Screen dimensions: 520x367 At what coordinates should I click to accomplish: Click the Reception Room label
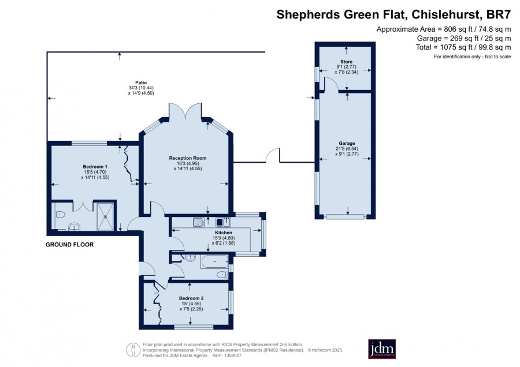188,158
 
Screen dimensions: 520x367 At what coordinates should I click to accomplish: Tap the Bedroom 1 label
95,167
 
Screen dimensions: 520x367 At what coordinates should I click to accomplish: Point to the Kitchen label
224,233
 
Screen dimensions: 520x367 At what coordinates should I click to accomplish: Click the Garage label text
347,144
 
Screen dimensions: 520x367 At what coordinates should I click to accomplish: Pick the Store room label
346,62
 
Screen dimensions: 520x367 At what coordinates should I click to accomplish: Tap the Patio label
141,83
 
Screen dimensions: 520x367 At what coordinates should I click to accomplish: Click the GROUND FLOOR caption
70,245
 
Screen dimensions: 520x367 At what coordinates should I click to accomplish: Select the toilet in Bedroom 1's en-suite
60,215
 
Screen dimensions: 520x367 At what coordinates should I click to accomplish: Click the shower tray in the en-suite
106,216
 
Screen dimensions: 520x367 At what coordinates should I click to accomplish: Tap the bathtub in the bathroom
214,261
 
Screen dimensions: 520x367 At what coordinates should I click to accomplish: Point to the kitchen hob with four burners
199,222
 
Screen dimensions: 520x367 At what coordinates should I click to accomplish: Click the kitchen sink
223,222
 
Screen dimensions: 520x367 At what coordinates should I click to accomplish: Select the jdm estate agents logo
382,349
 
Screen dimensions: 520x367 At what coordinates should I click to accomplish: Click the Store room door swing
332,83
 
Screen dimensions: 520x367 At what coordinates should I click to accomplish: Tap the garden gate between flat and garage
273,155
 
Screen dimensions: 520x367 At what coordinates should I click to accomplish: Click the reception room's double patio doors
185,111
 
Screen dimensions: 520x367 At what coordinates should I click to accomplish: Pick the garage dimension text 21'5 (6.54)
347,149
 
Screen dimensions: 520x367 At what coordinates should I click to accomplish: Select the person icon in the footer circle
133,350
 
